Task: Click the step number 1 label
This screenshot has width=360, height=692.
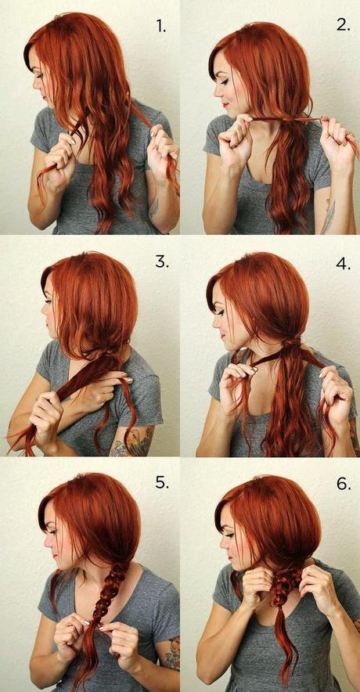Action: pos(160,27)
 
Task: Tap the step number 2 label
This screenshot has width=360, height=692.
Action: pos(344,25)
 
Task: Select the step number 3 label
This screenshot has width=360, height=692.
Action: pos(162,261)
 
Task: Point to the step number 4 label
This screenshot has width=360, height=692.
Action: pos(344,264)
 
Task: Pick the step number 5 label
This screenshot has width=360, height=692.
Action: pos(162,482)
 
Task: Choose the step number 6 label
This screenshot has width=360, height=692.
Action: pos(344,483)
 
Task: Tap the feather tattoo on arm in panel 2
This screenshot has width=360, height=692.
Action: pos(327,216)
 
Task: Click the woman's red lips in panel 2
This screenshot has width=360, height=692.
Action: pos(226,105)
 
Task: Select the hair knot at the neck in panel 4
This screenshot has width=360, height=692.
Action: pos(291,343)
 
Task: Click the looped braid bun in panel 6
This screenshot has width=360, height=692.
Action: pos(286,582)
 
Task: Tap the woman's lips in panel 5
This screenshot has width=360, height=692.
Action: pos(55,556)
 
